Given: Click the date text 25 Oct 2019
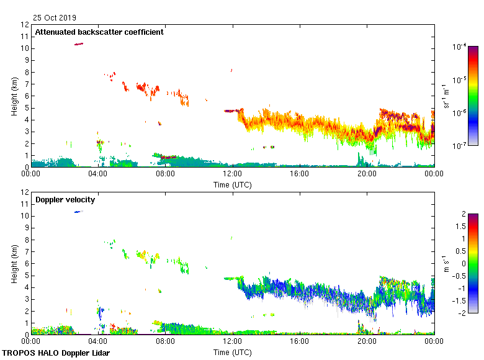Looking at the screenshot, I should pyautogui.click(x=55, y=18).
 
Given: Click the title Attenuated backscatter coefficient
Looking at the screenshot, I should pyautogui.click(x=99, y=32).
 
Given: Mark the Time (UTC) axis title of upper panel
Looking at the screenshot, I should pyautogui.click(x=233, y=184).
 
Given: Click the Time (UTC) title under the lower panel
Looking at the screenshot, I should pyautogui.click(x=233, y=352).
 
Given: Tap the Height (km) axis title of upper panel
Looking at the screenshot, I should pyautogui.click(x=14, y=96).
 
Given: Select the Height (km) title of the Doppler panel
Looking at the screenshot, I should pyautogui.click(x=14, y=263).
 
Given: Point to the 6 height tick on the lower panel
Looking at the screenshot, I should pyautogui.click(x=25, y=264).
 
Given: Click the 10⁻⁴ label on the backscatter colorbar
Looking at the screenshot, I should pyautogui.click(x=460, y=46).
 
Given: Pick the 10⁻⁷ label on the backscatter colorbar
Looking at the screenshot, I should pyautogui.click(x=460, y=146).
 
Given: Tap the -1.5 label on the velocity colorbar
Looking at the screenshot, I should pyautogui.click(x=462, y=300).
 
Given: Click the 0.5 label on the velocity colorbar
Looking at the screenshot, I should pyautogui.click(x=462, y=251).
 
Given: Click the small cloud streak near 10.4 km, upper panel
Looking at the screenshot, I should pyautogui.click(x=79, y=44).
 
